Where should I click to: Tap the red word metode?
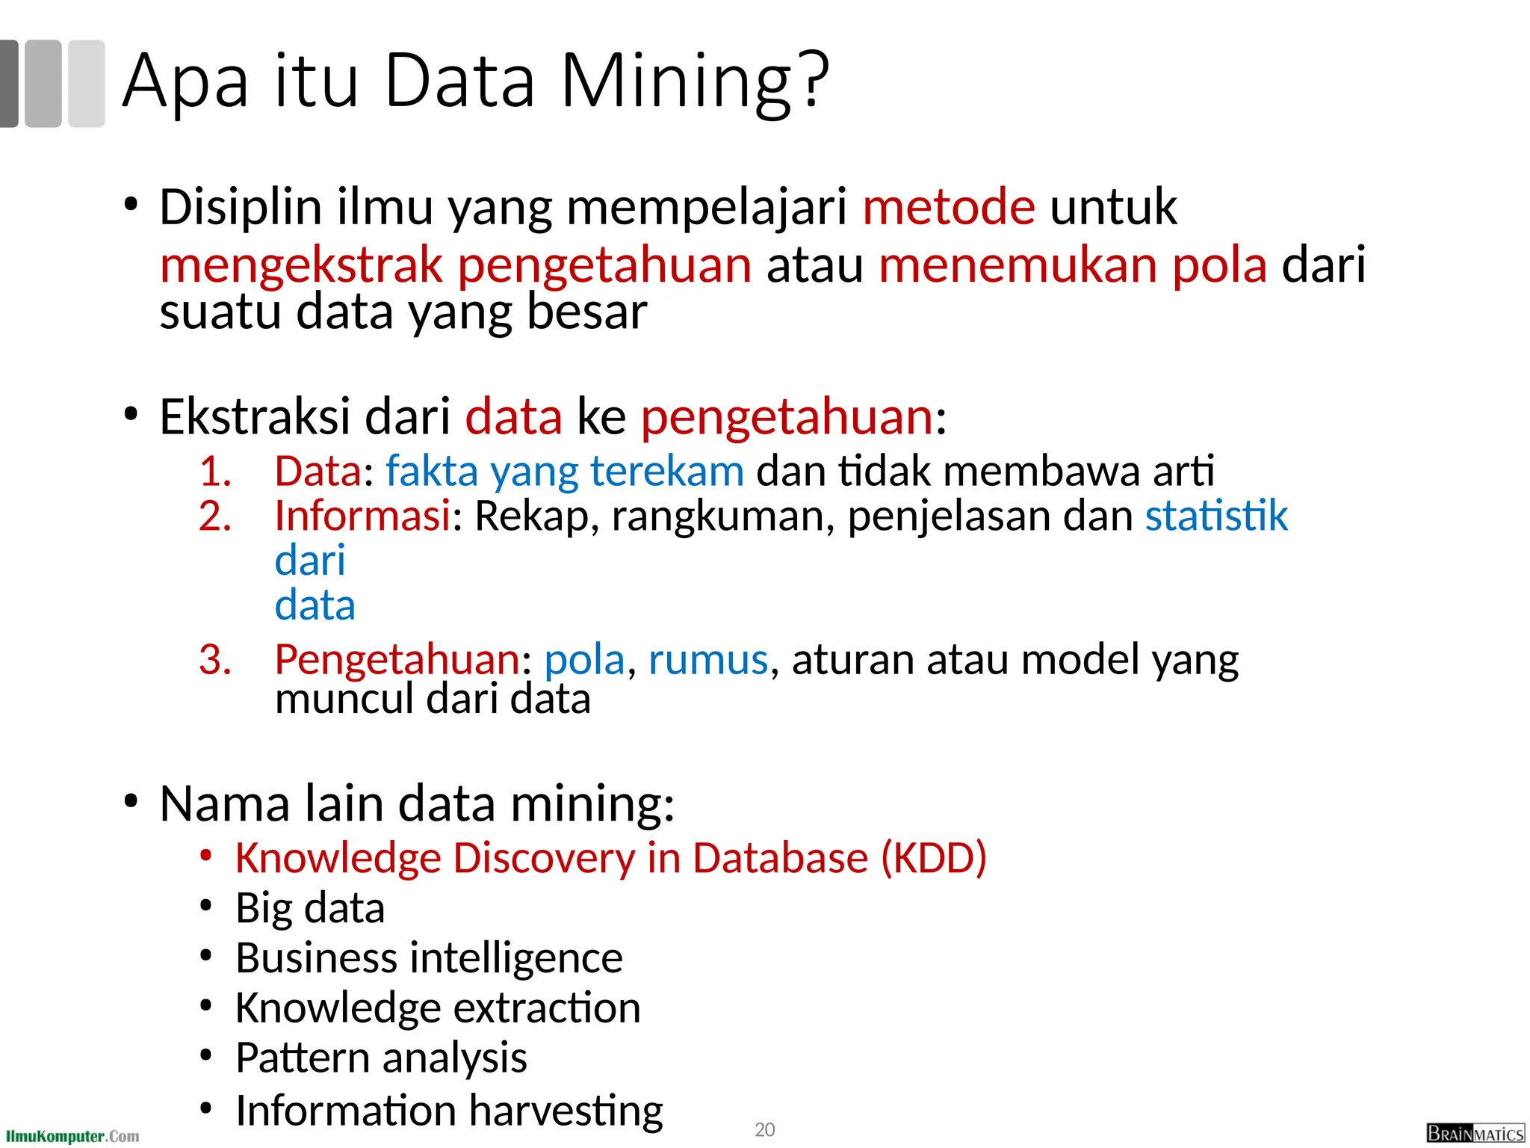click(949, 207)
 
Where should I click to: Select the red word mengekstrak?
click(301, 265)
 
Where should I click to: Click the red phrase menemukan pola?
click(1073, 265)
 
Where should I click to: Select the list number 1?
click(215, 472)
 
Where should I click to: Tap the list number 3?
click(215, 660)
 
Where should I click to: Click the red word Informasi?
click(362, 516)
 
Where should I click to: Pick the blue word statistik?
click(1216, 516)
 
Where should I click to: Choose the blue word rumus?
click(707, 660)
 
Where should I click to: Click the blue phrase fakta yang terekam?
click(565, 472)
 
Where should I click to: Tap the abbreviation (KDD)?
click(934, 858)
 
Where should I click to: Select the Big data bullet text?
click(310, 908)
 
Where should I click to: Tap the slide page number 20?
click(764, 1129)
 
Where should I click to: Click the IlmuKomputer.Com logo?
click(72, 1136)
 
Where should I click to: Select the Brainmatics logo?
click(1475, 1133)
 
